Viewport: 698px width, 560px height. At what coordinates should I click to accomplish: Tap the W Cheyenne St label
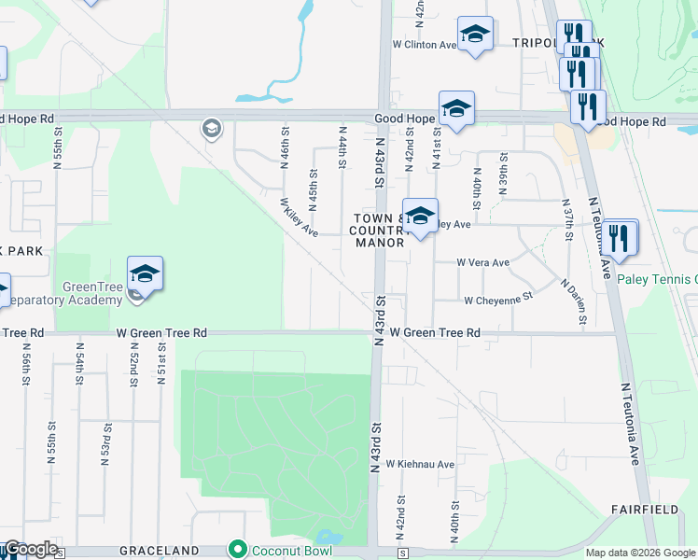point(497,300)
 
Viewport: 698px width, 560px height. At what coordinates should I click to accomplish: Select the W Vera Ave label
point(482,263)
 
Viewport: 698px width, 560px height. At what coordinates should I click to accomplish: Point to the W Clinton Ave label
point(424,44)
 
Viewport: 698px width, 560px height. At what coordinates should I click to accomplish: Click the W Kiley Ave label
point(299,217)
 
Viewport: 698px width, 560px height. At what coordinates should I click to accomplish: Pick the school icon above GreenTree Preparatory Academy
point(145,273)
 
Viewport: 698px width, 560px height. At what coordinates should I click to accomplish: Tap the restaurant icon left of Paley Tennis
point(620,238)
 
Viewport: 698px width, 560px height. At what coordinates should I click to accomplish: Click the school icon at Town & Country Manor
point(420,217)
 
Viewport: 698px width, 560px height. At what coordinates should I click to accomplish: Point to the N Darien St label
point(572,301)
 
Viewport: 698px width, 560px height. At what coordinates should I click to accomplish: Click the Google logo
point(30,549)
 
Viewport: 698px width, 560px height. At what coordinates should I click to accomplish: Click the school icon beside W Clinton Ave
point(475,35)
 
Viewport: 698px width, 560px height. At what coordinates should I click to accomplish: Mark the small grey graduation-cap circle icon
point(211,128)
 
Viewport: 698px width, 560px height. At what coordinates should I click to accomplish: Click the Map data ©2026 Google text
point(640,553)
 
